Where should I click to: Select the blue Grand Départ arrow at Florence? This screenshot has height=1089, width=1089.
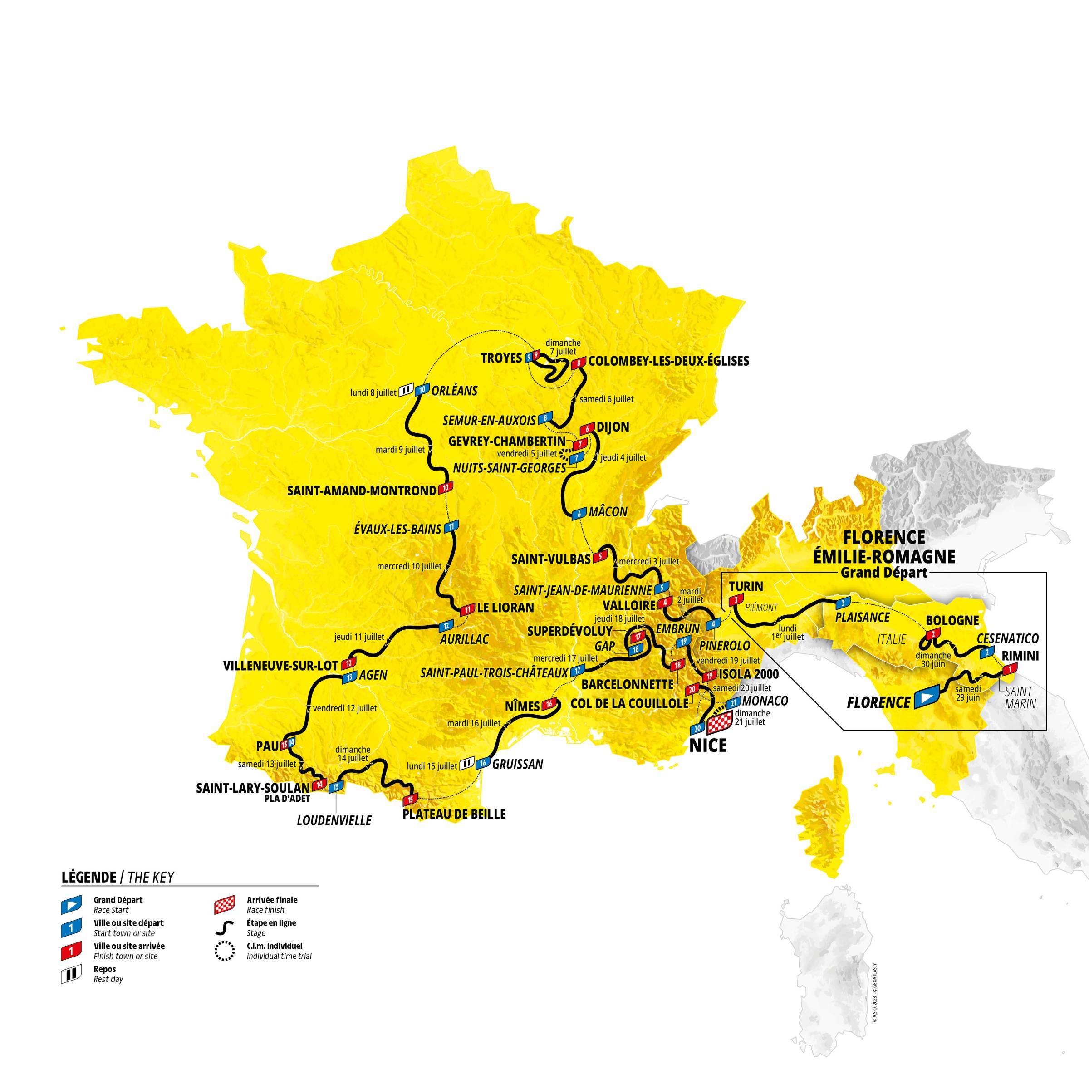tap(926, 698)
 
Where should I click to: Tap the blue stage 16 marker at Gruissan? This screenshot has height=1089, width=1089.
tap(482, 764)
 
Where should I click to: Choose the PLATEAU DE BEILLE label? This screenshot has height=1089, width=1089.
tap(454, 814)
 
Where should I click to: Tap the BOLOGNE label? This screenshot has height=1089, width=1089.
tap(952, 620)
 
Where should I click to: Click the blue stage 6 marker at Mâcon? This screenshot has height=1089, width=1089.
tap(579, 514)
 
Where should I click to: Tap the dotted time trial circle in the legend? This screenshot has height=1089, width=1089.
tap(224, 952)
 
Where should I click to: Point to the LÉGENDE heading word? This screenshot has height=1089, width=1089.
tap(88, 877)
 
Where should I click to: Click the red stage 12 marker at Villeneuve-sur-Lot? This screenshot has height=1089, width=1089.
tap(350, 663)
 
